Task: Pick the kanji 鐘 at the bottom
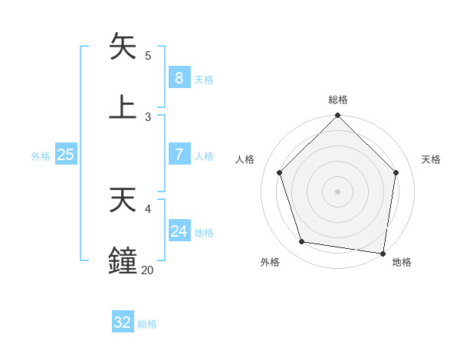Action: [123, 260]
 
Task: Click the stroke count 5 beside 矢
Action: [148, 55]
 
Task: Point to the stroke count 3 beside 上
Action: [148, 116]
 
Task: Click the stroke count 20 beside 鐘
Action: [147, 270]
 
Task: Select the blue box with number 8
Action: [179, 77]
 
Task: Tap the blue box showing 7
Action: [179, 155]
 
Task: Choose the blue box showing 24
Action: [179, 231]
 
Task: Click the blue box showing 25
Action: [66, 155]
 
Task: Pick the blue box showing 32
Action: [123, 322]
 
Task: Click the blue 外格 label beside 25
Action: [41, 155]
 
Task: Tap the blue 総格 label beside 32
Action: [147, 324]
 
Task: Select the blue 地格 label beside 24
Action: [204, 233]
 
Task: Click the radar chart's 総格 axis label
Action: [337, 100]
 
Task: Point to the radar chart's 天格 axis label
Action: [431, 159]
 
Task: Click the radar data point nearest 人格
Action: [280, 172]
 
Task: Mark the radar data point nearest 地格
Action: [383, 253]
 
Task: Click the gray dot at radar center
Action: [337, 191]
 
